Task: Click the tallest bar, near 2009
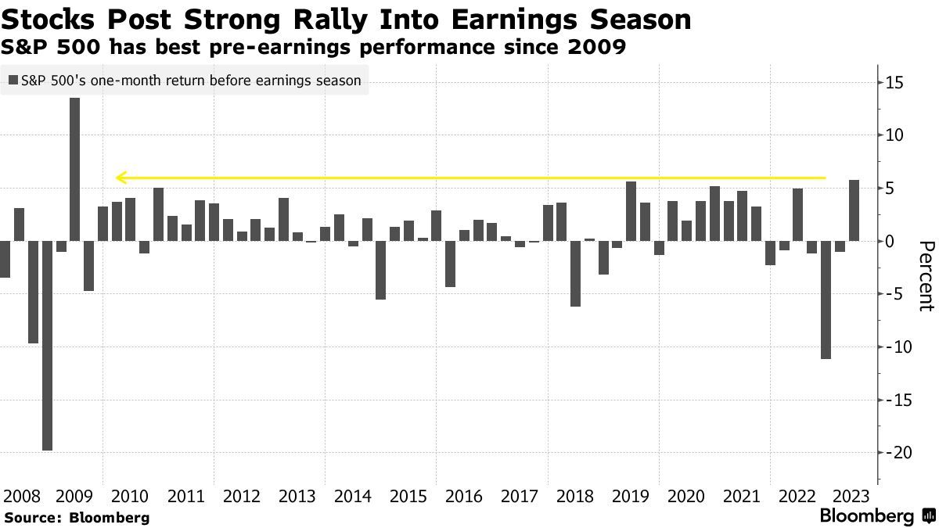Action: coord(74,169)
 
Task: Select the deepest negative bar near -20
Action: coord(47,345)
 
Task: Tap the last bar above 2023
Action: coord(854,210)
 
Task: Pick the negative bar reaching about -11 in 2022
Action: coord(826,300)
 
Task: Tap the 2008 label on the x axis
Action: coord(21,496)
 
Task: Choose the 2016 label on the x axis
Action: coord(463,496)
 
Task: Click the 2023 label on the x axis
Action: coord(851,496)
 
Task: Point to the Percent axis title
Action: coord(926,276)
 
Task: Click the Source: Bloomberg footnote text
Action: coord(77,517)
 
